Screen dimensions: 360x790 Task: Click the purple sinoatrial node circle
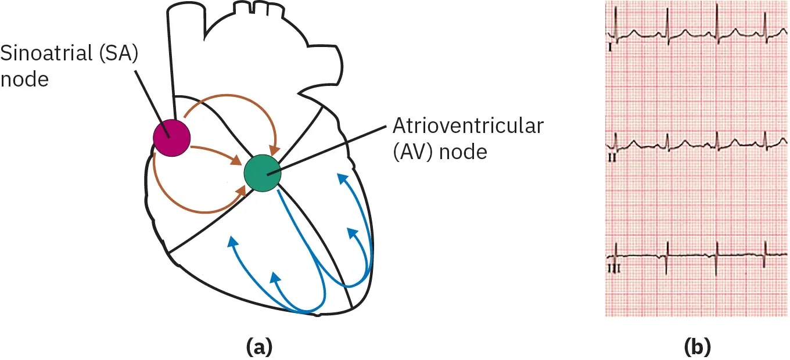(171, 137)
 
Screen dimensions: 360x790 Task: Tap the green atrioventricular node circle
(262, 172)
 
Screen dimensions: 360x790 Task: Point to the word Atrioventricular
(468, 126)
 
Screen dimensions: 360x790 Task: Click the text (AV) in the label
(415, 153)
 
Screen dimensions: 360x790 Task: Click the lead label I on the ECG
(610, 48)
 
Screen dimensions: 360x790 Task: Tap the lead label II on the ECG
(612, 157)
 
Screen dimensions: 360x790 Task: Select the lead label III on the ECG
(613, 268)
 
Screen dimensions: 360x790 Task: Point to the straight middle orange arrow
(215, 153)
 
